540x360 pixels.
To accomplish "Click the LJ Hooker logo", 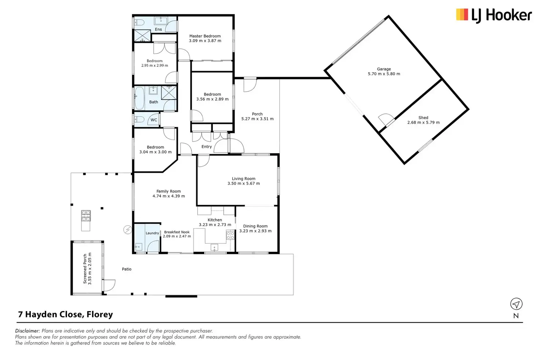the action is tap(494, 15).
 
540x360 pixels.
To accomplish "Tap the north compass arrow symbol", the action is tap(516, 304).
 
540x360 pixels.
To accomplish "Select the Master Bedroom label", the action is tap(205, 36).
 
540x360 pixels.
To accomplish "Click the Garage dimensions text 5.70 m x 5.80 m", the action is tap(384, 74).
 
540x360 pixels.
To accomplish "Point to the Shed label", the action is tap(423, 118).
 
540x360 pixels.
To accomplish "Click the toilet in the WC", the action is tap(139, 119).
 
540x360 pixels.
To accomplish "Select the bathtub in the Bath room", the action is tap(139, 98).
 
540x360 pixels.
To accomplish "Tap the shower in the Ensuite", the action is tap(142, 36).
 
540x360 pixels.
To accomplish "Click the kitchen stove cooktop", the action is tap(230, 235).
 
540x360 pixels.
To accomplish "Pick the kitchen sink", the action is tap(214, 247).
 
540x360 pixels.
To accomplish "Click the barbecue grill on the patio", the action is tap(86, 215).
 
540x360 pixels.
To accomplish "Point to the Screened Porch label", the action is tap(85, 269).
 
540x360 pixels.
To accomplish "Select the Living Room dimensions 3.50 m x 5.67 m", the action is tap(244, 183).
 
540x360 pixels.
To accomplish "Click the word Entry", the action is tap(207, 146).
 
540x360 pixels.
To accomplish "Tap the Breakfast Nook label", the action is tap(177, 232).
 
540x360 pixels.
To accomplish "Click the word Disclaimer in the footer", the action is tap(28, 331).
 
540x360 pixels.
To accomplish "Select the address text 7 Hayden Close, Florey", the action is tap(66, 314).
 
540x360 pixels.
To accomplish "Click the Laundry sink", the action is tap(138, 247).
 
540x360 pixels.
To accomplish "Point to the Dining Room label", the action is tap(255, 226).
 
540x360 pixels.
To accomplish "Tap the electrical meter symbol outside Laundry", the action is tap(128, 230).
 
